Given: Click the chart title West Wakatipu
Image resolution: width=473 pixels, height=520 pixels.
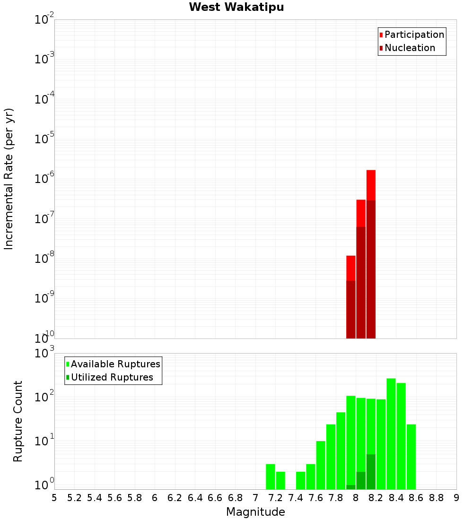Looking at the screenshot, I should point(236,8).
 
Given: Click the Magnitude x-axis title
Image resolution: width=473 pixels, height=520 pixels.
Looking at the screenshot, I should point(255,512).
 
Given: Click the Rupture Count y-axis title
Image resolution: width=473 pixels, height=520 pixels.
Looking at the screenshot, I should point(18,421).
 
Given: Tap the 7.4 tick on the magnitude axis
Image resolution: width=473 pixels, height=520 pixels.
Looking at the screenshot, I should point(296,498).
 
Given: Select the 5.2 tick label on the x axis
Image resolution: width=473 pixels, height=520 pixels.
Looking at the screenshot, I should point(75,498).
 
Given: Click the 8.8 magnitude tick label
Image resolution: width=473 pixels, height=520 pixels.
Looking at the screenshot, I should point(436,498).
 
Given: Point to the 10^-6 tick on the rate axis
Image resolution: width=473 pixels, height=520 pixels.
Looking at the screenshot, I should point(44,179).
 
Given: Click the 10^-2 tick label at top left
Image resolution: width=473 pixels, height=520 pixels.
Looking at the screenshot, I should point(44,20).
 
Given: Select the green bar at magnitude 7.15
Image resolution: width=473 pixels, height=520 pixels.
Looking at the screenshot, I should point(271,477).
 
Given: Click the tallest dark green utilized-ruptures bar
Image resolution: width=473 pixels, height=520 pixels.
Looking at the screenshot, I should point(371,472).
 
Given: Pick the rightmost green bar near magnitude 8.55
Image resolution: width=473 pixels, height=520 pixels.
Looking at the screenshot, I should point(411,456).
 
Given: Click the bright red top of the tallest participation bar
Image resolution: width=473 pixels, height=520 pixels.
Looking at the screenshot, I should point(371,185).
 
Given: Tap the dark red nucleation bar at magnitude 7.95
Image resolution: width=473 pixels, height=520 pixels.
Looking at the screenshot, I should point(351,310).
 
